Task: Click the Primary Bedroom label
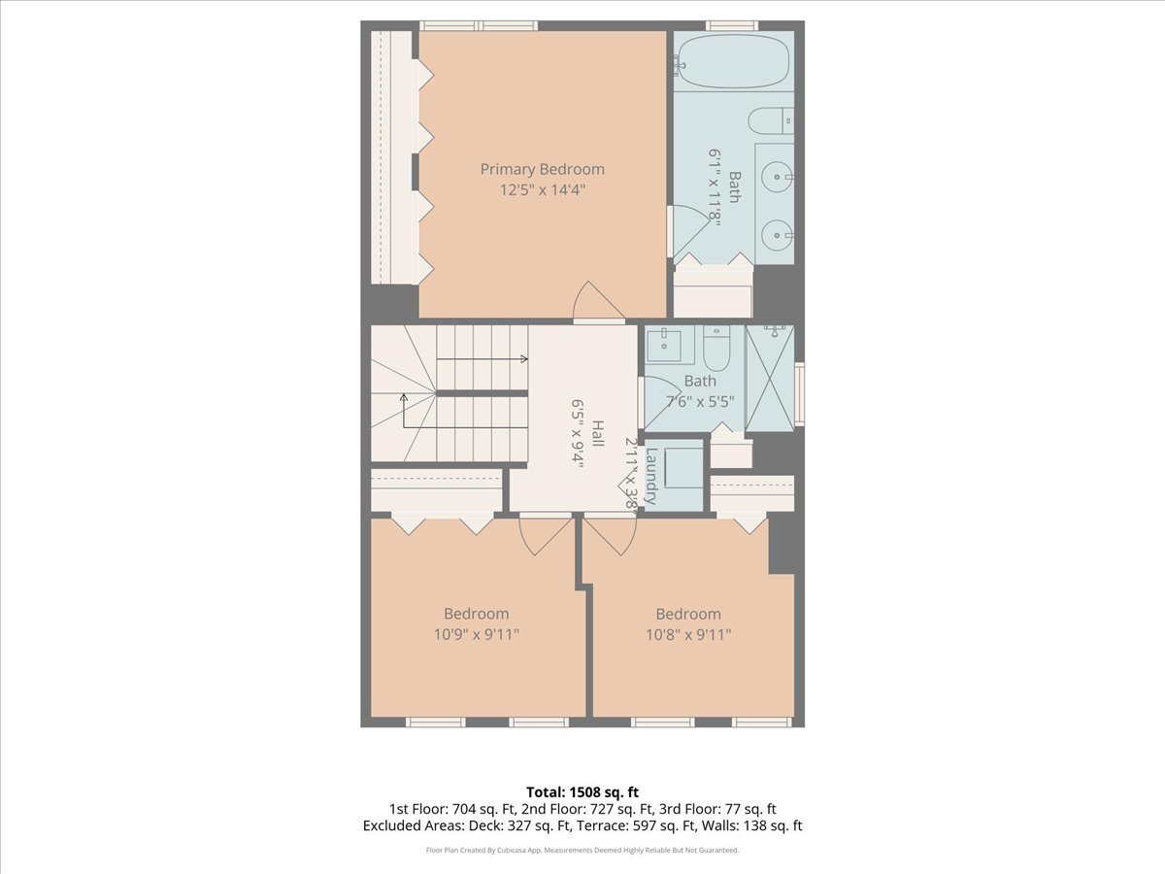coord(542,169)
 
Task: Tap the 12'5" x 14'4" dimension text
coord(542,191)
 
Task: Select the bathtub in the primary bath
coord(733,60)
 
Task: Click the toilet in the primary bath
coord(771,121)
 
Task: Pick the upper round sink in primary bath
coord(776,176)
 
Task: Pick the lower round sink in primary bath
coord(776,234)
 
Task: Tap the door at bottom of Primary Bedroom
coord(598,303)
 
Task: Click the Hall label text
coord(598,433)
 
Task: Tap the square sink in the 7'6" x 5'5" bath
coord(668,342)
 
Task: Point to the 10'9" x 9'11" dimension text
coord(476,635)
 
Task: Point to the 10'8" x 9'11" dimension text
coord(687,635)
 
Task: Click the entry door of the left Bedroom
coord(544,534)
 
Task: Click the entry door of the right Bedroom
coord(610,534)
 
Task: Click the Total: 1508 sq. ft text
coord(582,791)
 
